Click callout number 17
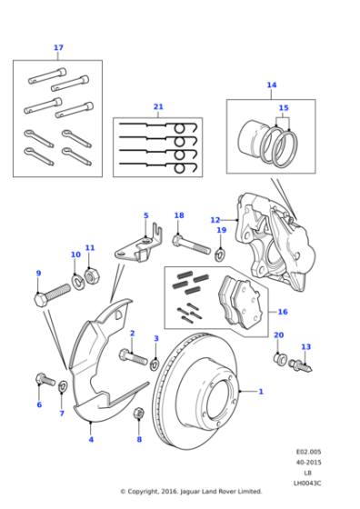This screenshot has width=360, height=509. (x=58, y=47)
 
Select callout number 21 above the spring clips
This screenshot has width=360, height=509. (x=158, y=107)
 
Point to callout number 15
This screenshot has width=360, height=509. (x=284, y=108)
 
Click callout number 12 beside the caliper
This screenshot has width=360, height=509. (x=215, y=220)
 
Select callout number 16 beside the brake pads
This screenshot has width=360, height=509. (x=283, y=312)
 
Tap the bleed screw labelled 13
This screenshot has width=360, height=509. (x=301, y=366)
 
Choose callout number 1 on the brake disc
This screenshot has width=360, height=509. (x=261, y=392)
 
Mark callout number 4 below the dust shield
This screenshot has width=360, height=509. (x=90, y=440)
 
